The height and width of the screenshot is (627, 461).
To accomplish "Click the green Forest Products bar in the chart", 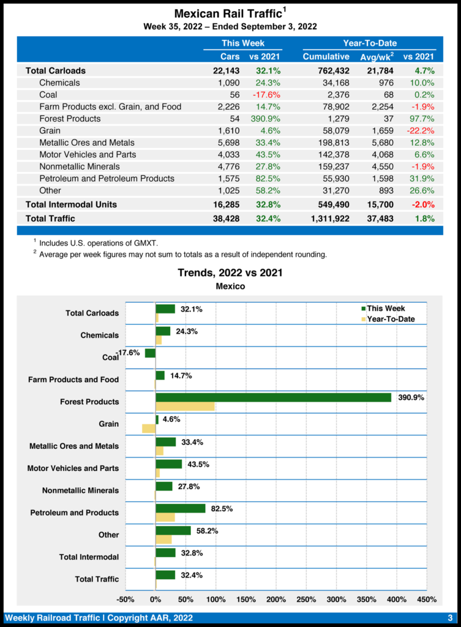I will click(273, 397).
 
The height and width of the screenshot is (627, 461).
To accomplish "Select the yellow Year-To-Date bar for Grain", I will click(149, 429).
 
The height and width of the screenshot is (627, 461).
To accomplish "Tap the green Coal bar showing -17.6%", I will click(150, 353).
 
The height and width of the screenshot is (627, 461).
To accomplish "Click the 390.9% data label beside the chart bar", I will click(411, 397).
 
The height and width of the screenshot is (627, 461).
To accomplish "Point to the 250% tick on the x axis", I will click(306, 599).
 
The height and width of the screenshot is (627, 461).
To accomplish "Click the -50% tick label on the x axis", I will click(126, 599).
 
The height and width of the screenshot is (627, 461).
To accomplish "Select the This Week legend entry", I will click(385, 309).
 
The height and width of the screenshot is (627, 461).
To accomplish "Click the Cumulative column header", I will click(326, 57).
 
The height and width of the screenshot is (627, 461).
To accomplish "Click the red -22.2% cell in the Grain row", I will click(419, 130).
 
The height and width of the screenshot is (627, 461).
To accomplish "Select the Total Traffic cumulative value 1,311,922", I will click(326, 218).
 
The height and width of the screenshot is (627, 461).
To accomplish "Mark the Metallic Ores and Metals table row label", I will click(88, 143).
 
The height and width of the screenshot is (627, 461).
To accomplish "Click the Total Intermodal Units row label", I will click(71, 204).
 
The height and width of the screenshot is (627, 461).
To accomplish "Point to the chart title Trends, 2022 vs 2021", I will click(230, 272).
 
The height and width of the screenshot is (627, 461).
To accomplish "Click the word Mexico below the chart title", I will click(230, 286).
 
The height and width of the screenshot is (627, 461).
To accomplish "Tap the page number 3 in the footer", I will click(449, 617).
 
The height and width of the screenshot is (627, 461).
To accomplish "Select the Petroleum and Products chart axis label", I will click(75, 512).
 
